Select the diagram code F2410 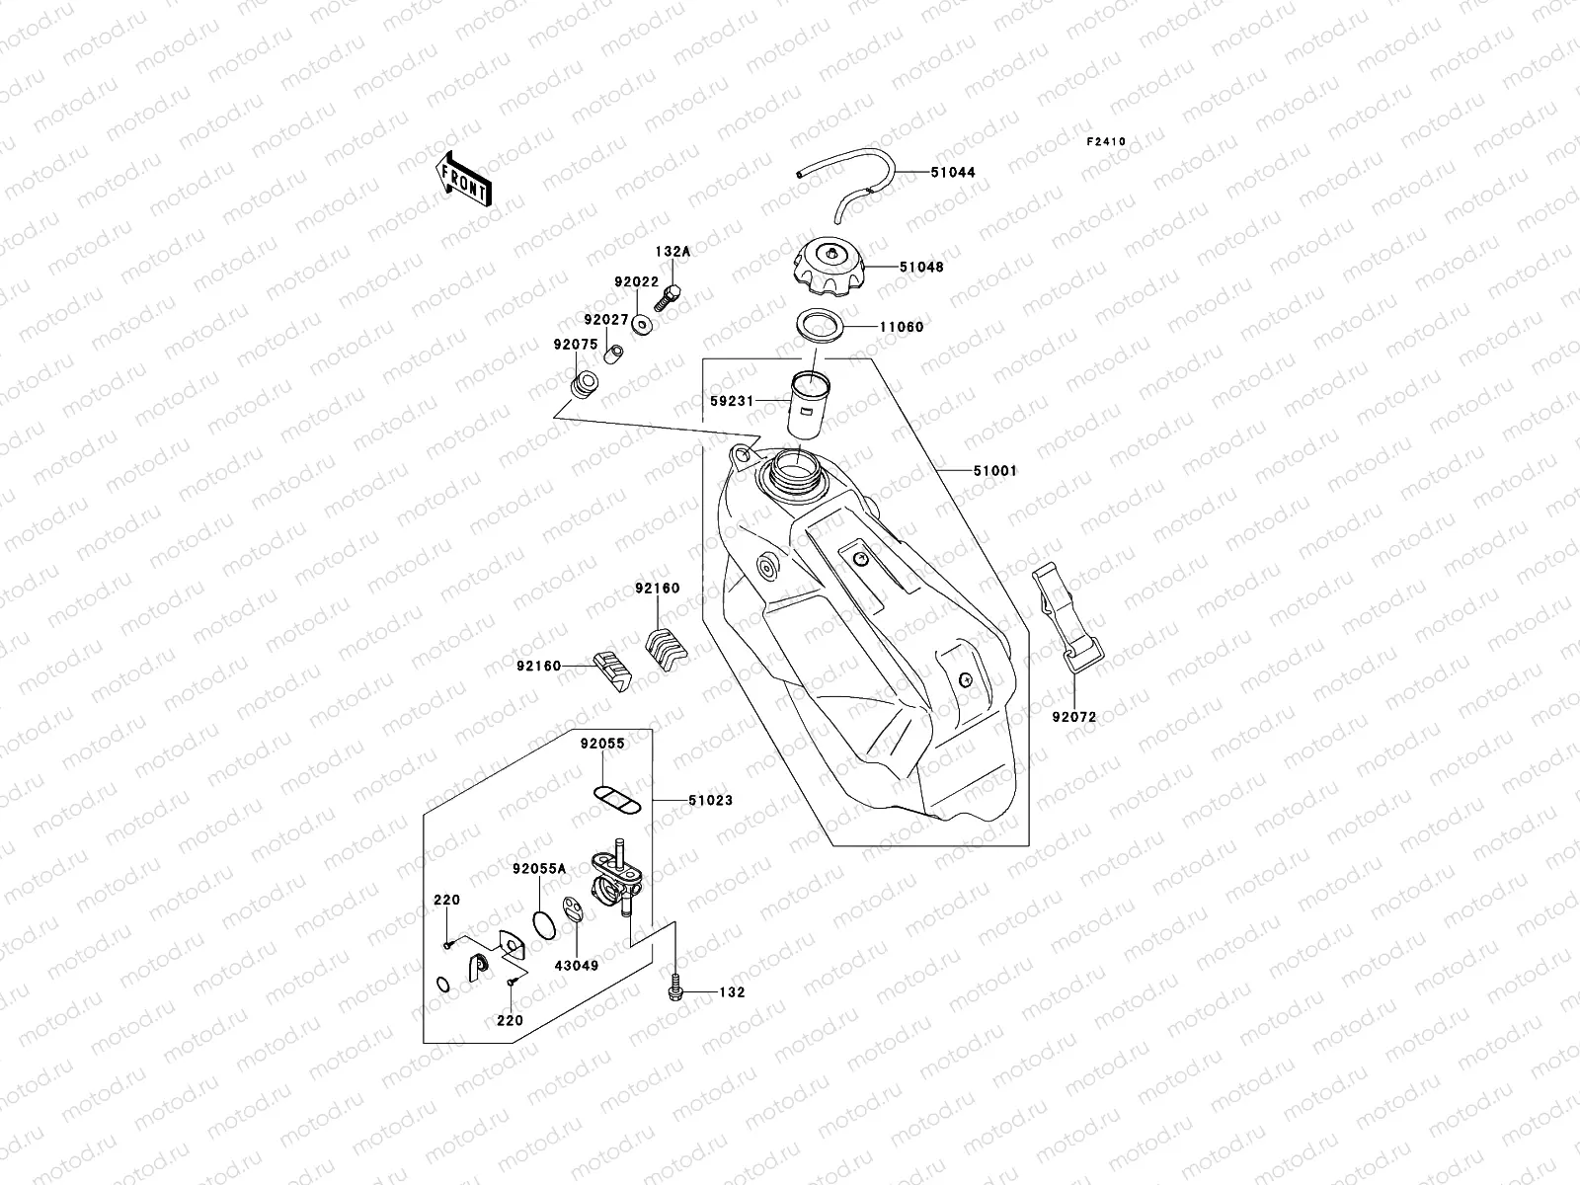pos(1106,142)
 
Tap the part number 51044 pos(952,172)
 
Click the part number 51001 pos(993,471)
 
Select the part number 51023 pos(710,800)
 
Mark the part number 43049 pos(576,965)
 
